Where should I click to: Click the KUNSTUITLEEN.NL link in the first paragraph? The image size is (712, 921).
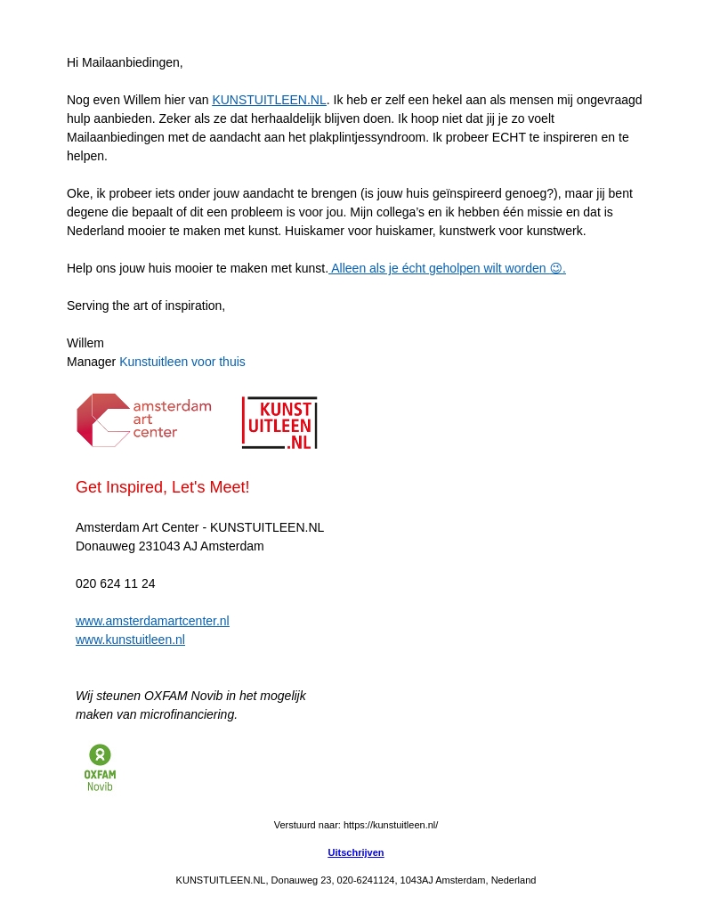[x=269, y=100]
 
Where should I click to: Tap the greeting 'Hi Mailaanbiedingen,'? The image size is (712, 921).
[x=125, y=62]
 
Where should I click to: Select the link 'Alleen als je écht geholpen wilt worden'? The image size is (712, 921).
[x=438, y=268]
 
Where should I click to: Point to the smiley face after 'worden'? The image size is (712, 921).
[x=556, y=268]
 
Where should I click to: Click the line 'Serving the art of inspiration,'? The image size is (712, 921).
[x=146, y=306]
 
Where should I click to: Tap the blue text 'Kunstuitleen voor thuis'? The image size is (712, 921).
[x=182, y=362]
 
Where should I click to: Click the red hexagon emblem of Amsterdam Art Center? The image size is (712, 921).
[x=102, y=420]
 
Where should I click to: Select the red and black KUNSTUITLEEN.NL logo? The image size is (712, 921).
[x=279, y=422]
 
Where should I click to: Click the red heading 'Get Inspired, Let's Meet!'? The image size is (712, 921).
[x=163, y=487]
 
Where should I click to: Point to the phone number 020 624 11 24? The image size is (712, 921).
[x=116, y=583]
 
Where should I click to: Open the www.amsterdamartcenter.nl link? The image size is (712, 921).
[x=152, y=621]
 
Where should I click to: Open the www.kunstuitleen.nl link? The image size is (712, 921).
[x=130, y=640]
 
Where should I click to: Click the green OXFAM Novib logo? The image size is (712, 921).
[x=100, y=767]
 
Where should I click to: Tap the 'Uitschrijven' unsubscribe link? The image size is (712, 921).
[x=356, y=852]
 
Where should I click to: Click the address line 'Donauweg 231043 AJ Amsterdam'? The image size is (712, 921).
[x=170, y=546]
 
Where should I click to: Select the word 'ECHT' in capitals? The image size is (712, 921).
[x=510, y=137]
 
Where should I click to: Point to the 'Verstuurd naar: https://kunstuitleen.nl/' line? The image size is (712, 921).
[x=356, y=825]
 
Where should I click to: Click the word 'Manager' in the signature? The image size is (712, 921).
[x=91, y=362]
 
